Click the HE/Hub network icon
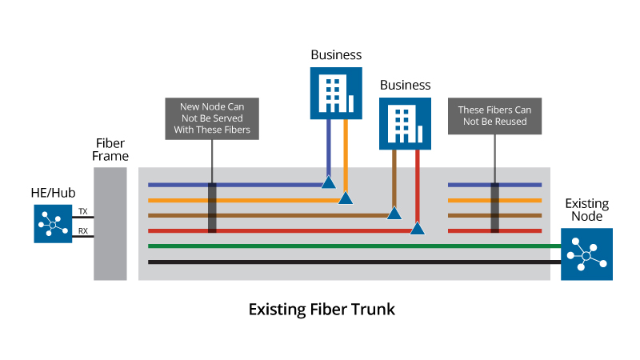pos(53,223)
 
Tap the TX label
pos(82,212)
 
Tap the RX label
pos(82,232)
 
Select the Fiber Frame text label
pos(110,148)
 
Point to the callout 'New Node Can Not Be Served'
pos(212,118)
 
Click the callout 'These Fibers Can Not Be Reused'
pos(494,115)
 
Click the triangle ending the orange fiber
pos(346,198)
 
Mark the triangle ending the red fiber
pos(417,229)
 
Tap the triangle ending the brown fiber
pos(394,213)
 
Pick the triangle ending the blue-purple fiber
pos(328,182)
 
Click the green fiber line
pos(352,246)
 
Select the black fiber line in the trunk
pos(352,262)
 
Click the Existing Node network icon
pos(586,254)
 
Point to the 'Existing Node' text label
pos(586,210)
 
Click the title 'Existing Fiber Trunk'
pos(322,309)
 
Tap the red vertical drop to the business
pos(418,184)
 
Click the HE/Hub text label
pos(52,193)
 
